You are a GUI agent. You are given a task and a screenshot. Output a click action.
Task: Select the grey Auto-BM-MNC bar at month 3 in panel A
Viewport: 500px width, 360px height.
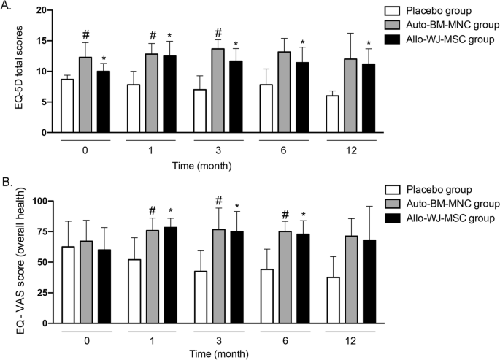pos(218,91)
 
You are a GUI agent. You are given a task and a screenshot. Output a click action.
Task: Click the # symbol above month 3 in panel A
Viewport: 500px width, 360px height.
pos(218,33)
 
